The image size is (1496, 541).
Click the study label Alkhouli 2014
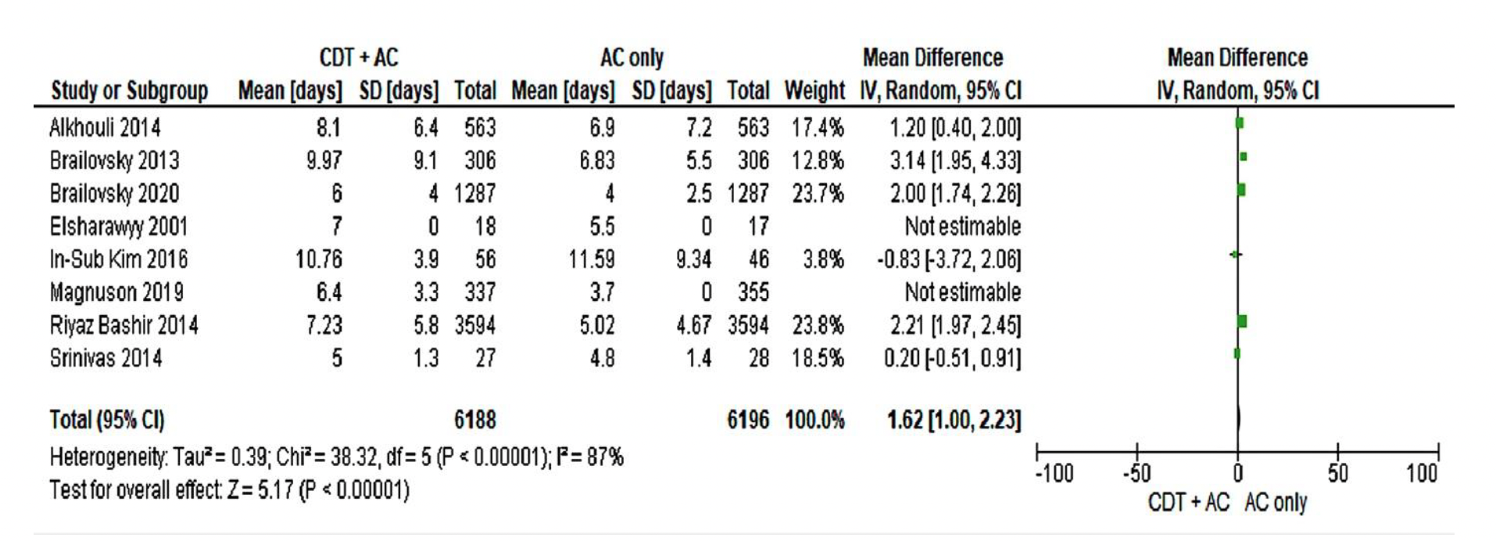pyautogui.click(x=105, y=127)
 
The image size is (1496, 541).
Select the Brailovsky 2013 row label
pyautogui.click(x=114, y=160)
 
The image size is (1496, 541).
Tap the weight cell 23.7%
pyautogui.click(x=818, y=193)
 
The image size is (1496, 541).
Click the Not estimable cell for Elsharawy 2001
pyautogui.click(x=962, y=227)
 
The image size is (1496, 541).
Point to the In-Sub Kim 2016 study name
pyautogui.click(x=119, y=260)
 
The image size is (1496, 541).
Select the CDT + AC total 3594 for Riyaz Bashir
pyautogui.click(x=474, y=325)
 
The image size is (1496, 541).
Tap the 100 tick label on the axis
pyautogui.click(x=1420, y=474)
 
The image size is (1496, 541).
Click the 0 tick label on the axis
pyautogui.click(x=1237, y=474)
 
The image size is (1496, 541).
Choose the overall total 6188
pyautogui.click(x=474, y=421)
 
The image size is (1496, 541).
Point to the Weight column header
pyautogui.click(x=814, y=91)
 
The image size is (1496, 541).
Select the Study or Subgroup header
pyautogui.click(x=130, y=91)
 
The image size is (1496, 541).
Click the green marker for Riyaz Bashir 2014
pyautogui.click(x=1242, y=321)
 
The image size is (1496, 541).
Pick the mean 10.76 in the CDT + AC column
pyautogui.click(x=318, y=260)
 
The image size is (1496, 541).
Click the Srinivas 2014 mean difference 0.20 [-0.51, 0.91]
pyautogui.click(x=952, y=358)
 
